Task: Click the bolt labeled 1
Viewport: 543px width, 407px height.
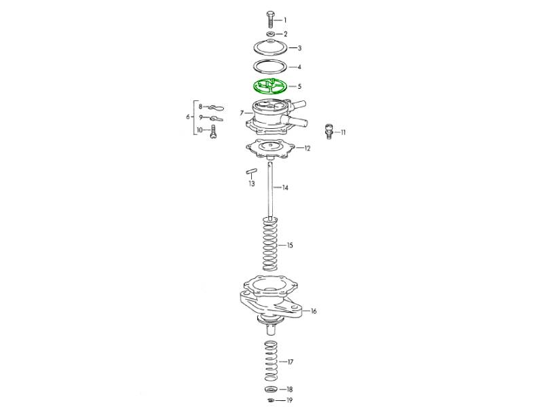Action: coord(270,20)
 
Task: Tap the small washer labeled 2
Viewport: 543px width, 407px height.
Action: coord(270,34)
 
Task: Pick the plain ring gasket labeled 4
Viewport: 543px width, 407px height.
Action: coord(271,66)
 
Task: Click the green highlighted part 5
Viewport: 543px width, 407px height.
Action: coord(271,87)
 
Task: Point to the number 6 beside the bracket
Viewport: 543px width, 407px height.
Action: coord(188,117)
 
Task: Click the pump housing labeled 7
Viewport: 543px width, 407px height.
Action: coord(276,117)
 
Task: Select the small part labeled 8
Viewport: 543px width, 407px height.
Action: coord(216,107)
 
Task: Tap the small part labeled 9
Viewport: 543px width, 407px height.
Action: coord(217,119)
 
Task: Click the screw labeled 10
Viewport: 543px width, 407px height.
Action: coord(213,132)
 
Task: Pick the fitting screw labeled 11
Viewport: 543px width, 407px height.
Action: coord(329,131)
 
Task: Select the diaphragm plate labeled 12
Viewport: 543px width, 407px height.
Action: coord(270,149)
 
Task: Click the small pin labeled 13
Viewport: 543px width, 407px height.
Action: coord(251,171)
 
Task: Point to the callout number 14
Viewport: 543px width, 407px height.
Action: coord(285,188)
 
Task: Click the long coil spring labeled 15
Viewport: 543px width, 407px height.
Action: coord(270,244)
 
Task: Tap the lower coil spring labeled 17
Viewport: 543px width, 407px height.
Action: coord(271,361)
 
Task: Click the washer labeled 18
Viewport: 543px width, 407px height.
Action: coord(271,389)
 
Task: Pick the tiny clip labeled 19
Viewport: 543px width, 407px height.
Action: coord(271,400)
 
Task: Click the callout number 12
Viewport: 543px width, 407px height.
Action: coord(307,148)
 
